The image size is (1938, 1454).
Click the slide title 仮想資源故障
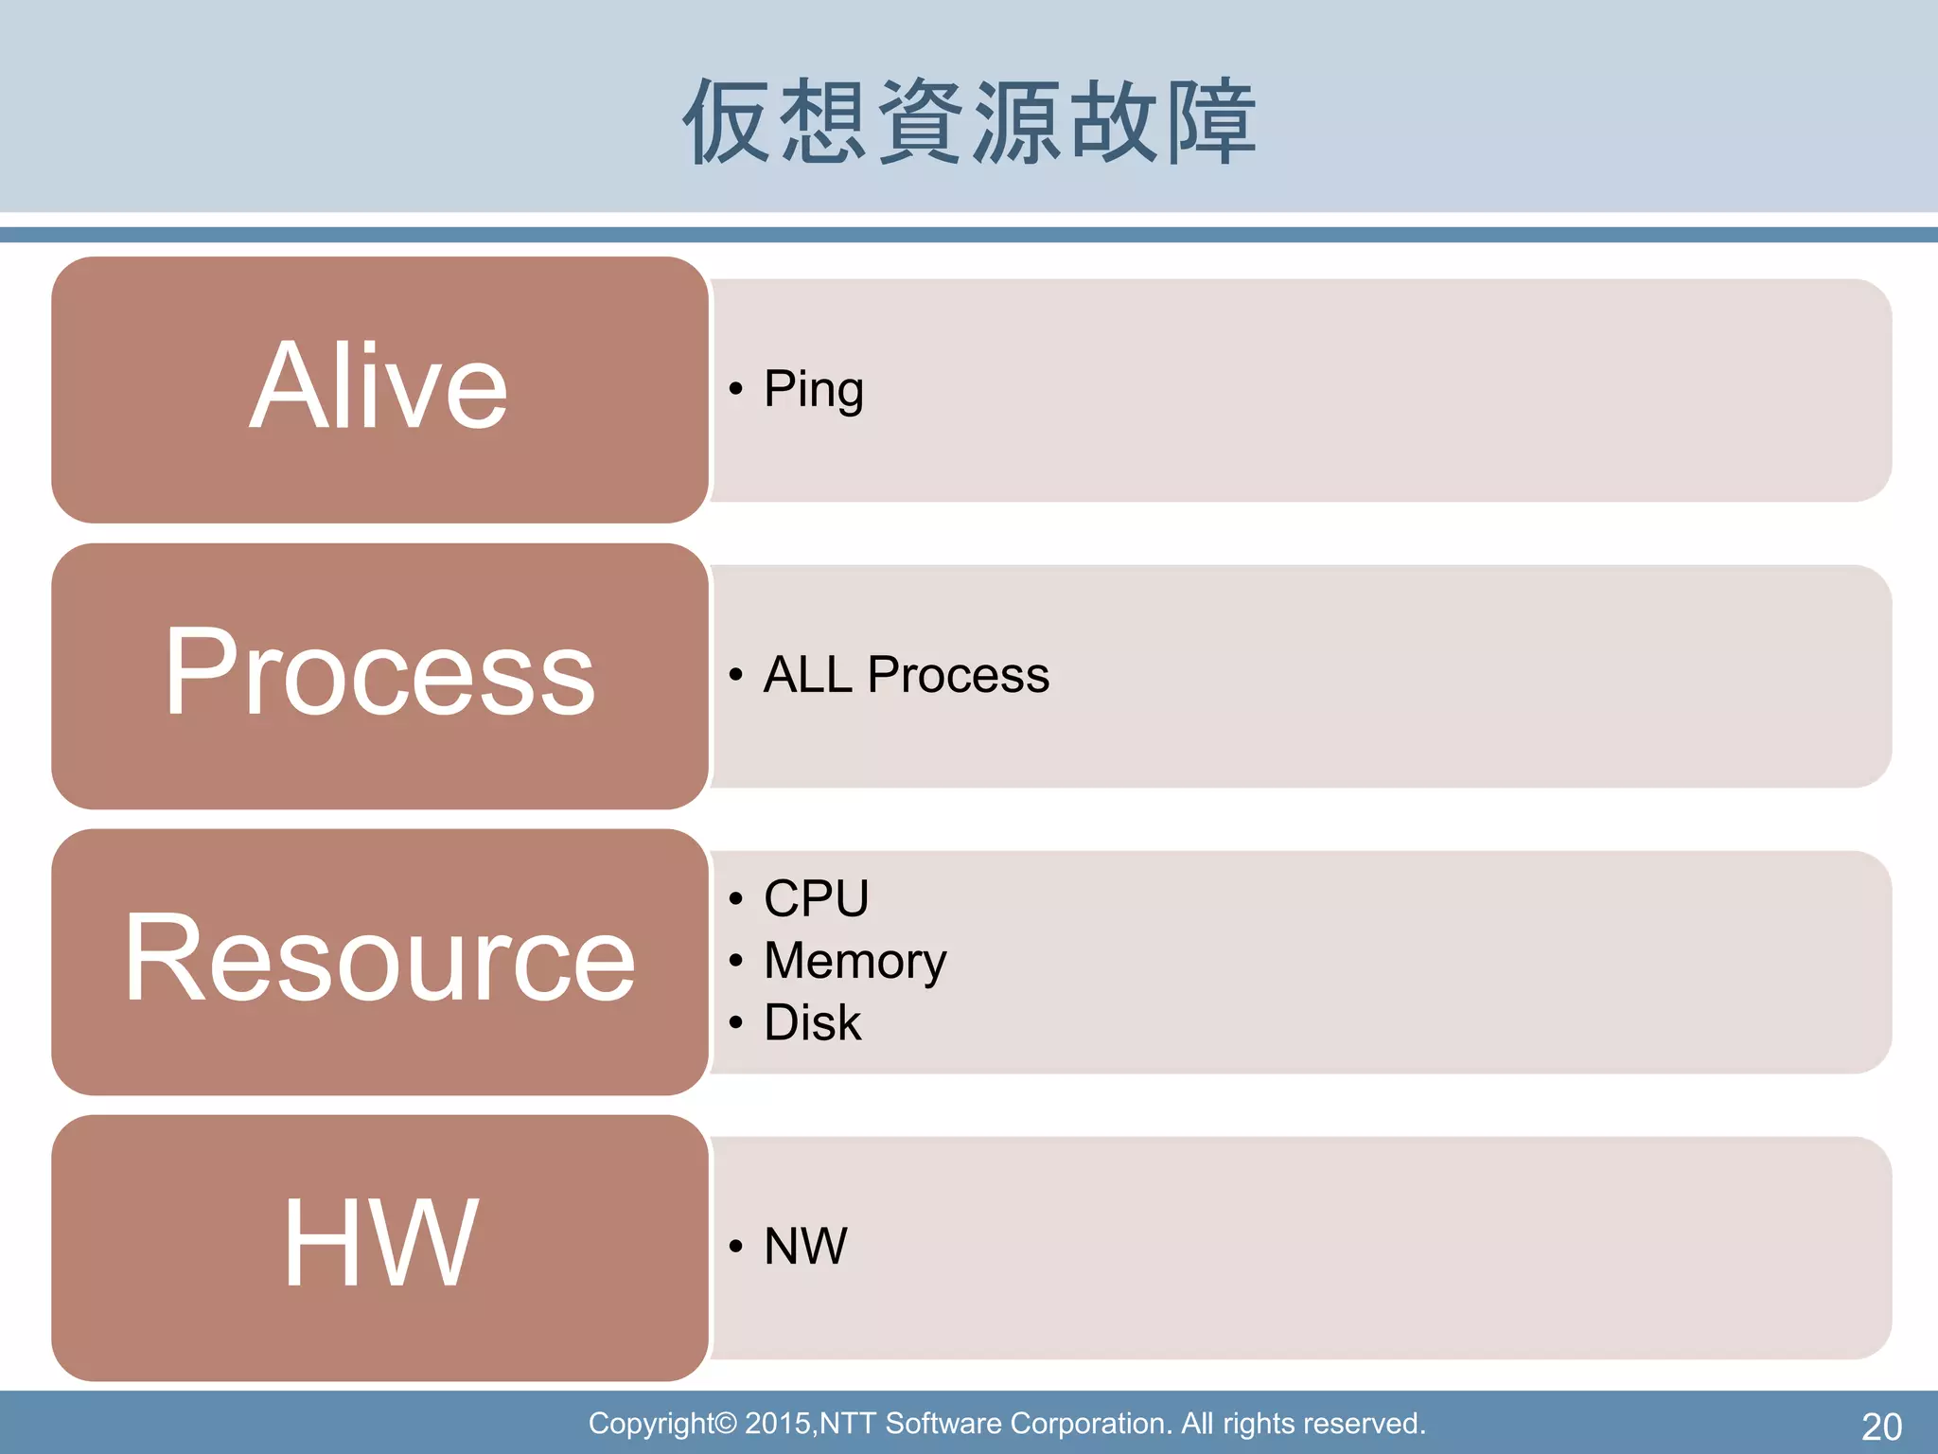point(969,121)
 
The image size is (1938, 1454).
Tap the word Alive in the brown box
point(379,388)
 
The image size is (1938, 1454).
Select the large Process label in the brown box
point(379,673)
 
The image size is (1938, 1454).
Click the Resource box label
point(379,959)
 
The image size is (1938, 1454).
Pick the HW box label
point(379,1243)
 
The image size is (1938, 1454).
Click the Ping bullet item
point(813,390)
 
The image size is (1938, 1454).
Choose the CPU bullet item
point(816,898)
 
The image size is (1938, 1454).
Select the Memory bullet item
point(854,962)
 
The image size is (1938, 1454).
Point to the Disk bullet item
point(812,1023)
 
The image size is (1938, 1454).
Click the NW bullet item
point(805,1247)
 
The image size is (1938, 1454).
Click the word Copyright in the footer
point(651,1424)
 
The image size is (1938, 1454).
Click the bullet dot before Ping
point(736,389)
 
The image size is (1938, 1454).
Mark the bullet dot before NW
point(736,1247)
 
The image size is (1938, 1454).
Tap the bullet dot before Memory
point(736,961)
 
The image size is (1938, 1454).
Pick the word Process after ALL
point(958,675)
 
